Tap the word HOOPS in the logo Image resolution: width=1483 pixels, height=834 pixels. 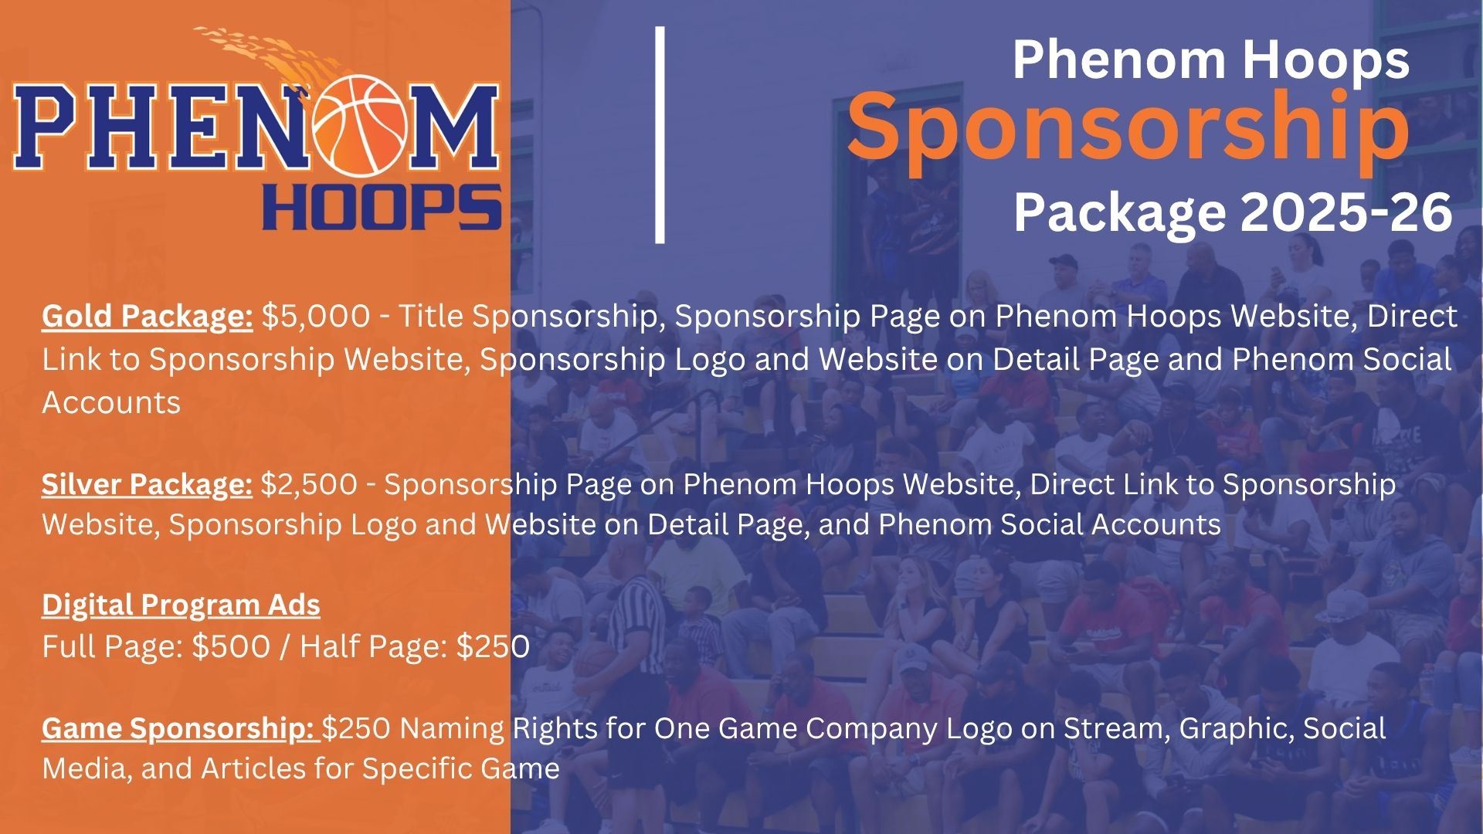(x=382, y=208)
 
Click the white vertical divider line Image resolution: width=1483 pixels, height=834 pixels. (x=660, y=135)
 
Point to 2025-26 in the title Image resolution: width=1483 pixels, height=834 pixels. (x=1346, y=212)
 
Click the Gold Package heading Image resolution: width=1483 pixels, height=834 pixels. (x=148, y=317)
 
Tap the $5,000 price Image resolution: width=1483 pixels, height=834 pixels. (x=316, y=317)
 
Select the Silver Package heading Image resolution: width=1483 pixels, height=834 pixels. (x=147, y=485)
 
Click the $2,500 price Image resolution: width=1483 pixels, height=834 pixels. (x=309, y=485)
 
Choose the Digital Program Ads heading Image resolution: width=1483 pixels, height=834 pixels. (x=181, y=605)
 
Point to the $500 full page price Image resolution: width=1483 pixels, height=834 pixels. (x=231, y=646)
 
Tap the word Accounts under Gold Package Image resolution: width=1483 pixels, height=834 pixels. (x=111, y=402)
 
